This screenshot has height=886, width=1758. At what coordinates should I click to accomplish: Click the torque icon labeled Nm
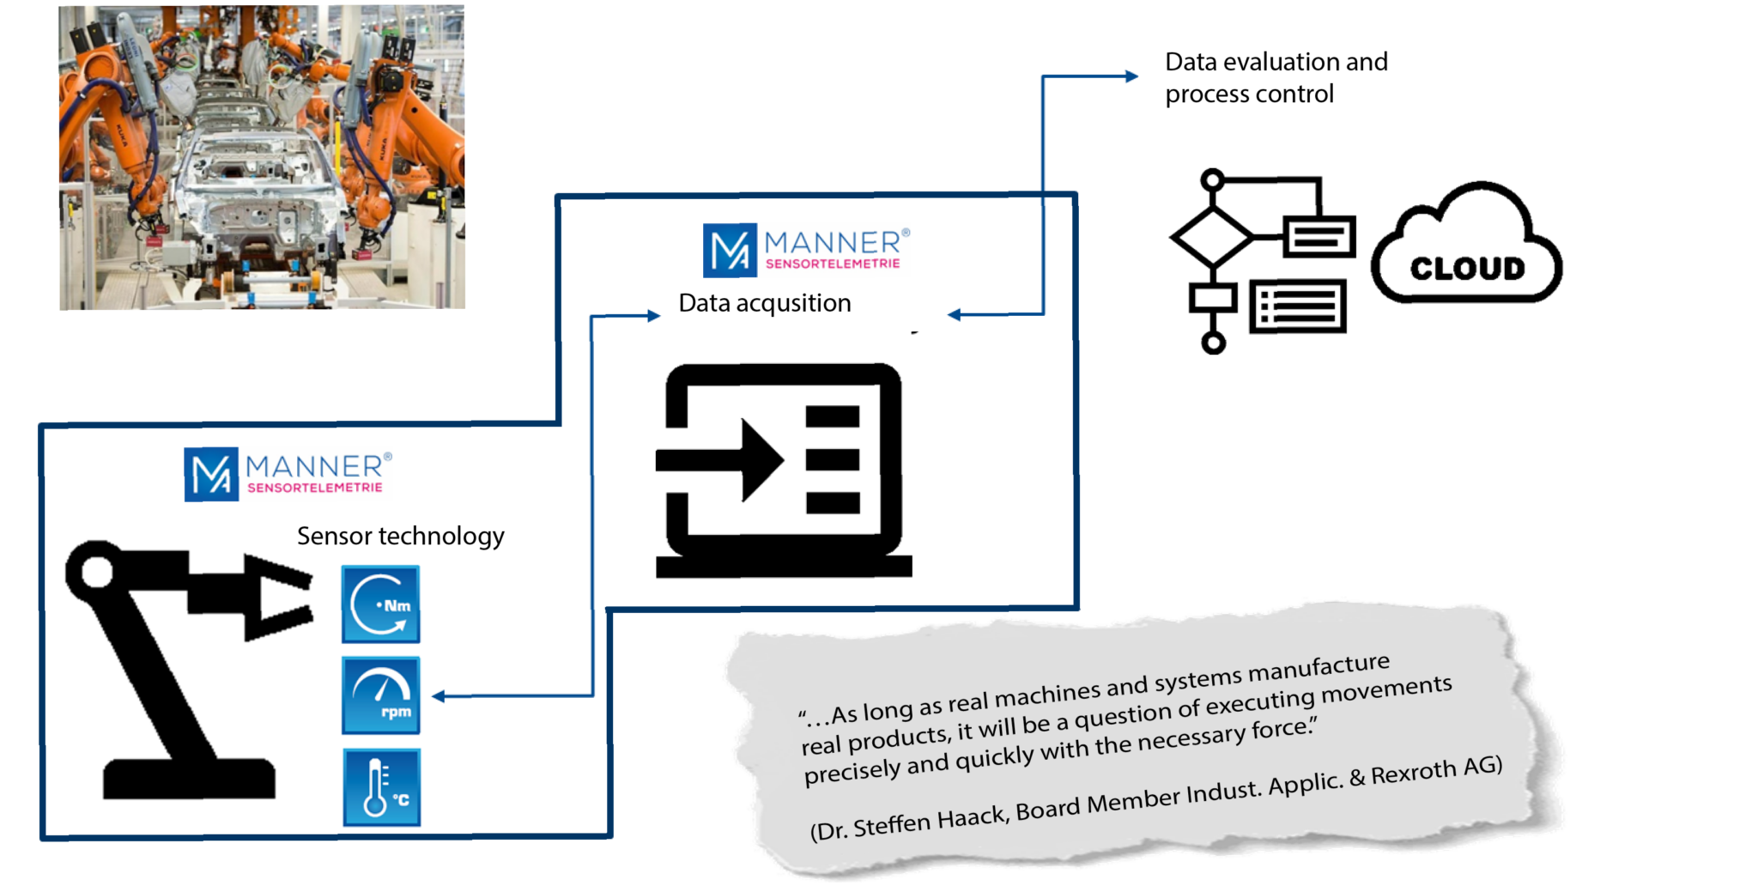[380, 604]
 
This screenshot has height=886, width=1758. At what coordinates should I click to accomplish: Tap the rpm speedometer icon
[380, 695]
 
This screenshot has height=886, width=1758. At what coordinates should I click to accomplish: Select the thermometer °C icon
[382, 787]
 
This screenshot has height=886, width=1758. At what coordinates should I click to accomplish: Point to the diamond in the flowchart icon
[1211, 235]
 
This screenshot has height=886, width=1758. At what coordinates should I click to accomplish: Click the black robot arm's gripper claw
[276, 598]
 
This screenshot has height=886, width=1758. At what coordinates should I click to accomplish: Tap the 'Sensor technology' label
[401, 537]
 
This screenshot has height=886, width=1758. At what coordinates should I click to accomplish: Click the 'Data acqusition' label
[765, 303]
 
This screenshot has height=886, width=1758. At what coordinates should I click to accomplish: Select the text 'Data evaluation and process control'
[1276, 77]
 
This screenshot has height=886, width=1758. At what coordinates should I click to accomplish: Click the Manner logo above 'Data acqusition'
[806, 250]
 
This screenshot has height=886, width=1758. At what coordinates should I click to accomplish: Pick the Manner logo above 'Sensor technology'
[288, 474]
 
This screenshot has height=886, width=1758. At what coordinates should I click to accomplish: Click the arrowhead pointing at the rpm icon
[438, 696]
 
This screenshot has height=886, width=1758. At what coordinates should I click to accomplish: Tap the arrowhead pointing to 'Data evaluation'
[1132, 76]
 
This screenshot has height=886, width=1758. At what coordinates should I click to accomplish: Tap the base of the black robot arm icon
[190, 779]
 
